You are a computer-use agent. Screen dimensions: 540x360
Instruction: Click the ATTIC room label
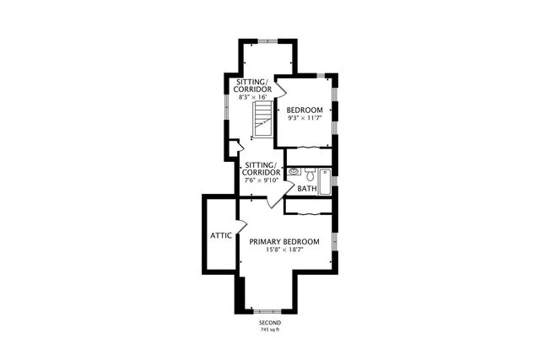tap(221, 236)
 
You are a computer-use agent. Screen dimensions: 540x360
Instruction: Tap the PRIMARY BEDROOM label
tap(284, 242)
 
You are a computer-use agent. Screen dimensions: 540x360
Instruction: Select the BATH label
tap(307, 189)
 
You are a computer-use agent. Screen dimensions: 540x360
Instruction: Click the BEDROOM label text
tap(305, 110)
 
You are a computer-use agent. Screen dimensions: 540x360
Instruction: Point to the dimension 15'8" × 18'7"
tap(284, 250)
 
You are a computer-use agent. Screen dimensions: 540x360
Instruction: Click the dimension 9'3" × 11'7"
tap(305, 118)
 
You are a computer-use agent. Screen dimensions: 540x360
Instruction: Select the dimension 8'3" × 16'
tap(253, 97)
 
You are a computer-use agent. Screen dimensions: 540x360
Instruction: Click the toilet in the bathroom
tap(310, 175)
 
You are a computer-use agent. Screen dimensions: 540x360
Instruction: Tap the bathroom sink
tap(294, 171)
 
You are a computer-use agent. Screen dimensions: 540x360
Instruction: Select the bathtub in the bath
tap(324, 182)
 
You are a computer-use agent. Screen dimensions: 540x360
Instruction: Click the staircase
tap(263, 119)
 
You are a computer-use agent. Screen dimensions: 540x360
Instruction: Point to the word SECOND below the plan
tap(270, 323)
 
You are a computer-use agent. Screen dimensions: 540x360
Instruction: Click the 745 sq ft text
tap(270, 330)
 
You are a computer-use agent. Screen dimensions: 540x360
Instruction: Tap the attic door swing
tap(242, 225)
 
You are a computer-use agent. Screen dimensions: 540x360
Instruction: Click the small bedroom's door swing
tap(282, 87)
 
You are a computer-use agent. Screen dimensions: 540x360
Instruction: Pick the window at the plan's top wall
tap(268, 41)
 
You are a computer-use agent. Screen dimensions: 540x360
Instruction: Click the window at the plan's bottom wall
tap(267, 311)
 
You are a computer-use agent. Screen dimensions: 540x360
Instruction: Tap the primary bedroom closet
tap(308, 207)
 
